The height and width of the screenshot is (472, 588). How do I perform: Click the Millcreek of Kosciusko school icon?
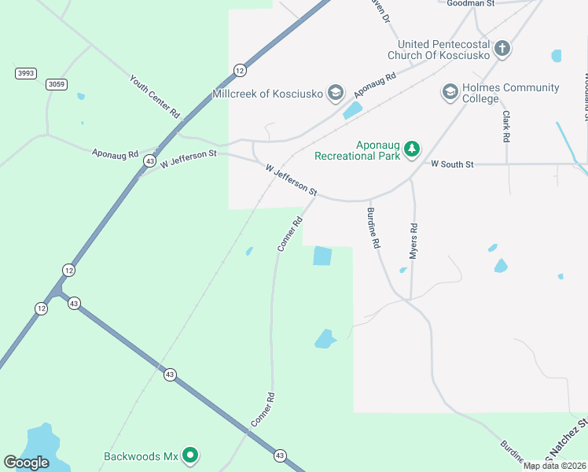[x=336, y=94]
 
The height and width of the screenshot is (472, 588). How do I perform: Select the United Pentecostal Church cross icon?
[x=502, y=50]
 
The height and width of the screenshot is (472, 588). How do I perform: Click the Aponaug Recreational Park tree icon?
[x=411, y=149]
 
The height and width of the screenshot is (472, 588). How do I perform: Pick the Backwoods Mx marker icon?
[x=189, y=455]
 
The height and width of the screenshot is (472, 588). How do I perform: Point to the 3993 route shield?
[x=26, y=73]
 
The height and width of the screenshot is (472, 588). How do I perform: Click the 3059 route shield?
[x=57, y=84]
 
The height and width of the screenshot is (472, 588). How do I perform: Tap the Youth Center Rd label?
[x=155, y=97]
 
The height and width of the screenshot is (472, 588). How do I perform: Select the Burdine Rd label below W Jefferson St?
[x=373, y=227]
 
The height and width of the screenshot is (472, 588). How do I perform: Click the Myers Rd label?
[x=413, y=242]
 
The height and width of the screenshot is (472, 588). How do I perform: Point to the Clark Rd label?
[x=506, y=126]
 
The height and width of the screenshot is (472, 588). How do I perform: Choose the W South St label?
[x=452, y=164]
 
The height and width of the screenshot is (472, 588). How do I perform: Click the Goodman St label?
[x=470, y=4]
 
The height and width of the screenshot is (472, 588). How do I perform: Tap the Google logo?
[x=26, y=463]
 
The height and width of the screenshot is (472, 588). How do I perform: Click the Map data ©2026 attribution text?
[x=554, y=466]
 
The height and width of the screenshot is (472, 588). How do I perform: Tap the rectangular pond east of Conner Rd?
[x=322, y=256]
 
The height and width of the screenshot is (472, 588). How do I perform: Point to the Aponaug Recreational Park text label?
[x=358, y=149]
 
